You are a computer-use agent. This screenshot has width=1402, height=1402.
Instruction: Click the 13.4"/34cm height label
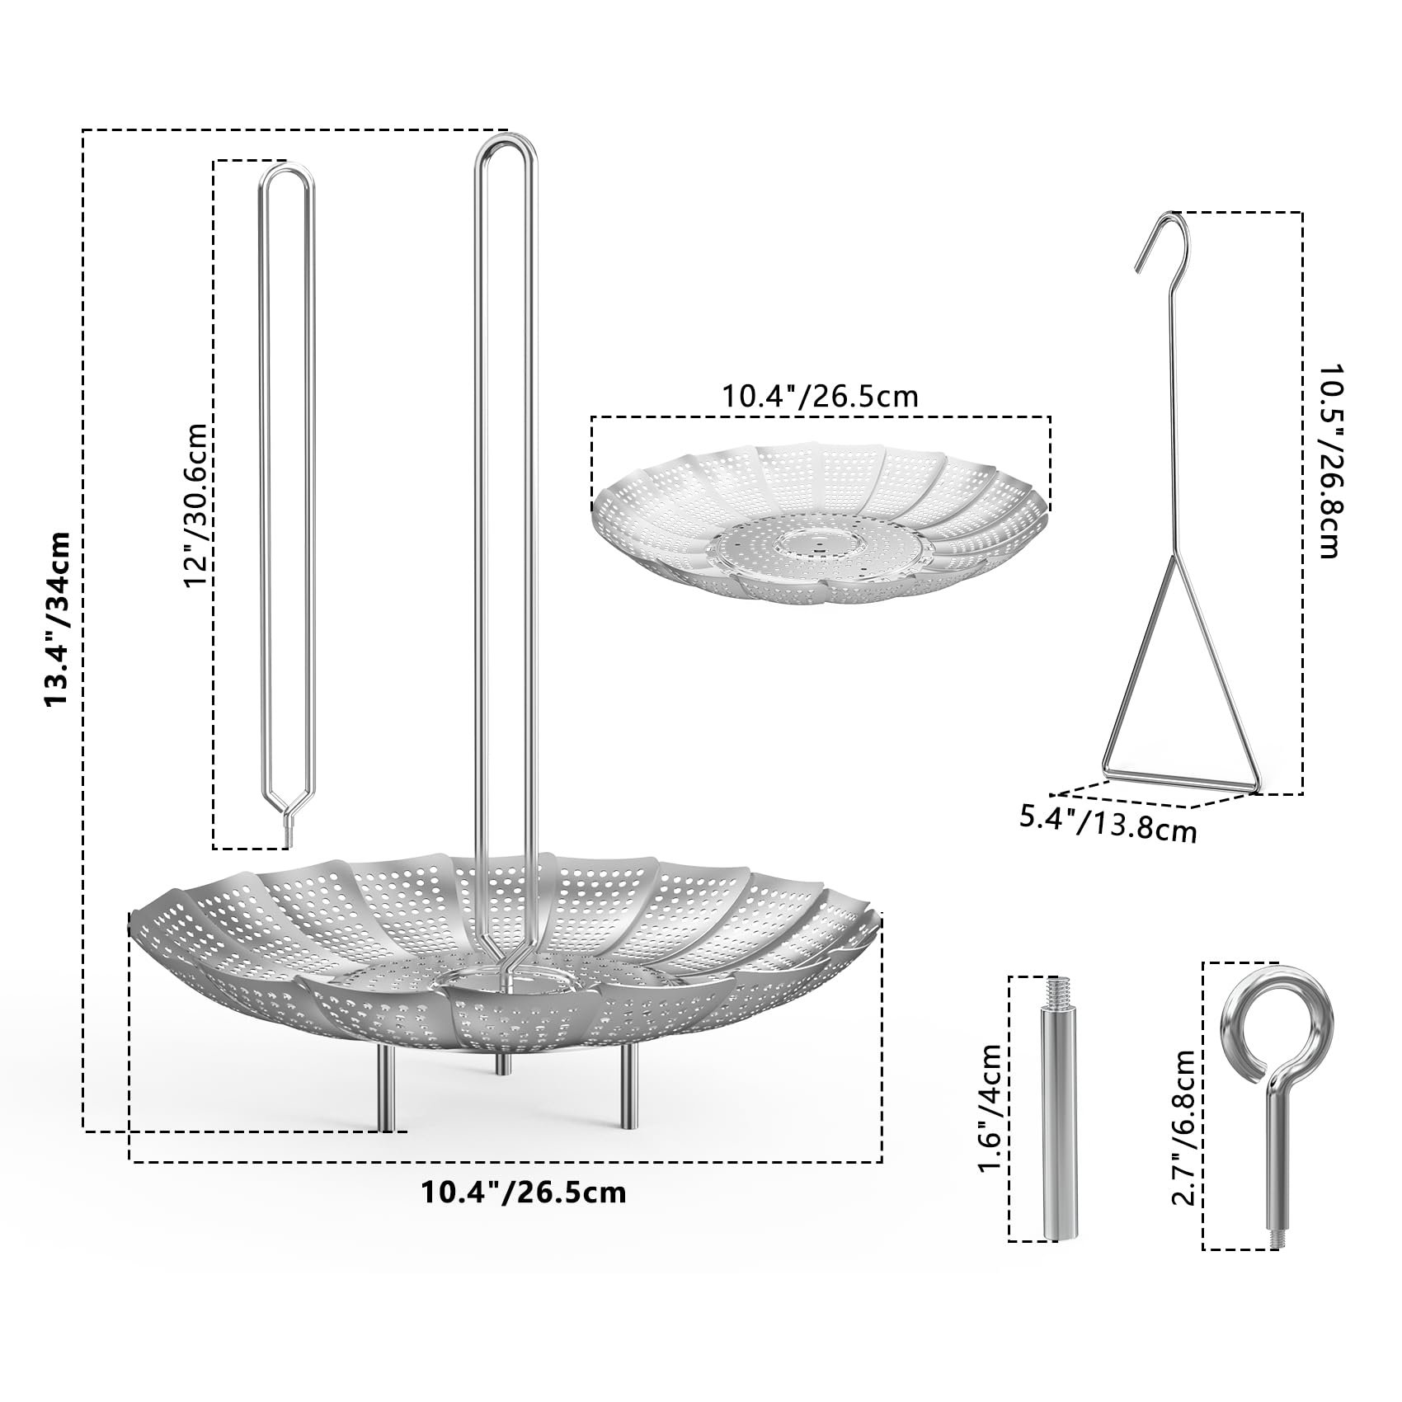[x=58, y=619]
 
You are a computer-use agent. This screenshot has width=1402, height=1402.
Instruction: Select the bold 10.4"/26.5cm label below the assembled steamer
[x=524, y=1193]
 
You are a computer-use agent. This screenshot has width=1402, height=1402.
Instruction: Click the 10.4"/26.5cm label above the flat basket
[x=821, y=397]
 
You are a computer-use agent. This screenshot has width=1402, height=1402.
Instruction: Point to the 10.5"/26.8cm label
[x=1329, y=462]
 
